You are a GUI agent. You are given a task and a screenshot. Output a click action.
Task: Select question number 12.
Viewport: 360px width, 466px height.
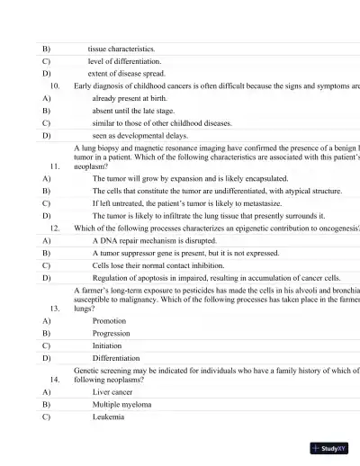55,229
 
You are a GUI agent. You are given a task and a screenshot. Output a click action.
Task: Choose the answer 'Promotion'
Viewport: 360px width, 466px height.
110,320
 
